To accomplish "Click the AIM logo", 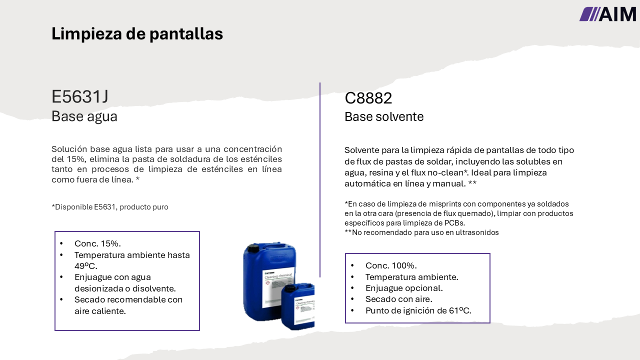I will click(607, 14).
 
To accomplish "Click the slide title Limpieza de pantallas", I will click(137, 33).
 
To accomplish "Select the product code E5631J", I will click(80, 96).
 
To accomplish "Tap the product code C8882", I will click(368, 98).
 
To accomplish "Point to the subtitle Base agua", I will click(84, 116).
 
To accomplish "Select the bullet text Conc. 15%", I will click(97, 243).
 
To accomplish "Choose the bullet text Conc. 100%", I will click(391, 265).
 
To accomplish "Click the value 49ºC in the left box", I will click(85, 266).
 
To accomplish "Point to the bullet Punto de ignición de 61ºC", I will click(418, 310).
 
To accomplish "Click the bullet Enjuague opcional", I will click(404, 288).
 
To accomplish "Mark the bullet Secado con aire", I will click(398, 299).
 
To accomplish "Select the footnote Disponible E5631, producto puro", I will click(110, 207).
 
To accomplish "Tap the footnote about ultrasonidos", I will click(421, 232).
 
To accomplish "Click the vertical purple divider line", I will click(320, 180).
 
